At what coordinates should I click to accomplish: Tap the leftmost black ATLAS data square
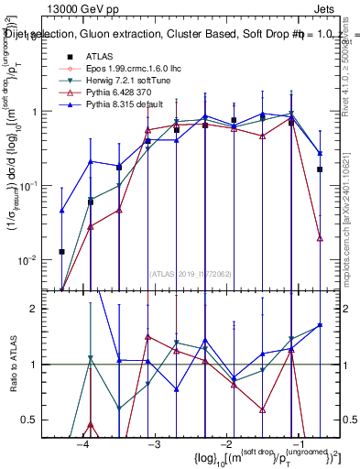point(62,251)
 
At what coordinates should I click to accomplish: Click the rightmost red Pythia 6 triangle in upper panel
point(320,238)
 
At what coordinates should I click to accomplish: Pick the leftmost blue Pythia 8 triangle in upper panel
point(62,211)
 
